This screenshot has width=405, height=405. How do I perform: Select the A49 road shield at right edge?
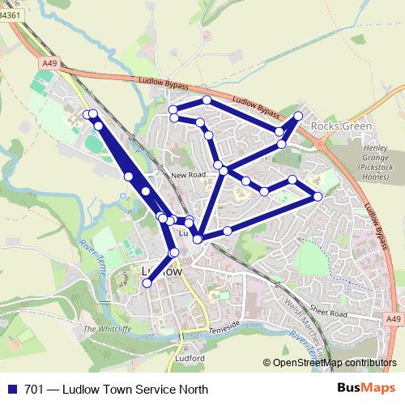(394, 321)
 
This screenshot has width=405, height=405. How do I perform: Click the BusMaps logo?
(371, 389)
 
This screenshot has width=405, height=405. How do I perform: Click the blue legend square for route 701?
(11, 390)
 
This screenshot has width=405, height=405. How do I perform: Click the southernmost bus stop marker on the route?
(147, 283)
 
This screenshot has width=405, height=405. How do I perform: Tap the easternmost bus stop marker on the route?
(318, 197)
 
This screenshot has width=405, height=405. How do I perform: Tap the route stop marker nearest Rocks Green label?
(298, 116)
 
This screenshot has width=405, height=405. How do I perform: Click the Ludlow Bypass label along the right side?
(373, 219)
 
